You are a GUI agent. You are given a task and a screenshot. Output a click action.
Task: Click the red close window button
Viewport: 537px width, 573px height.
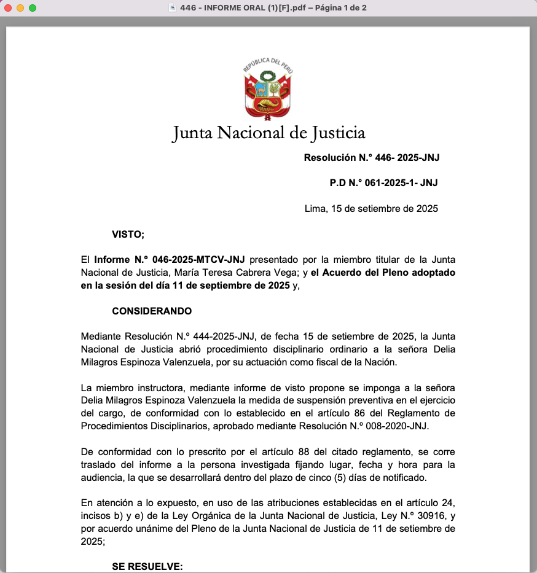pyautogui.click(x=8, y=8)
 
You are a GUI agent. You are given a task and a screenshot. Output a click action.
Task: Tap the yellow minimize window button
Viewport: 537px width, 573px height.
pyautogui.click(x=20, y=8)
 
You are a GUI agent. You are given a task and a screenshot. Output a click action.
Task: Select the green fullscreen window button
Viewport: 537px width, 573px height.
pyautogui.click(x=33, y=8)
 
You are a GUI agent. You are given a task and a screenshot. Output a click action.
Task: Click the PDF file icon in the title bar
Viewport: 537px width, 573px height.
pyautogui.click(x=173, y=8)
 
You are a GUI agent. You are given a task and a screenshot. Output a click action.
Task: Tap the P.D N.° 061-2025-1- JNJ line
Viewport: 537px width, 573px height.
pyautogui.click(x=383, y=182)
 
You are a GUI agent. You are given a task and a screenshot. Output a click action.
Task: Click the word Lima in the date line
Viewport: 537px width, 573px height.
pyautogui.click(x=315, y=208)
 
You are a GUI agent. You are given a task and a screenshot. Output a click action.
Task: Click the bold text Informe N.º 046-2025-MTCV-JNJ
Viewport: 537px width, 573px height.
pyautogui.click(x=169, y=260)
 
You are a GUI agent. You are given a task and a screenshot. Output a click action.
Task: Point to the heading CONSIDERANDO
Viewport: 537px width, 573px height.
pyautogui.click(x=152, y=311)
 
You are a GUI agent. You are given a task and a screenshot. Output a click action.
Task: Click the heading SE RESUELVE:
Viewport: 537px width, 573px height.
pyautogui.click(x=147, y=566)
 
